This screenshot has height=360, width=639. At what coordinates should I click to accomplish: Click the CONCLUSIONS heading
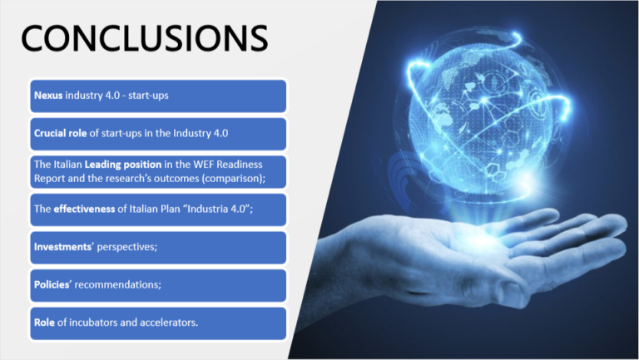145,38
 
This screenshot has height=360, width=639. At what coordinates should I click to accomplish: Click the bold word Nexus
48,96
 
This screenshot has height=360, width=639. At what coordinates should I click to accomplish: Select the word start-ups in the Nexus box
148,96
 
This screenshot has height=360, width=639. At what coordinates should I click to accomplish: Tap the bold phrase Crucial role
60,133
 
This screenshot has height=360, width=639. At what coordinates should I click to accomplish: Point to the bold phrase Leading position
123,165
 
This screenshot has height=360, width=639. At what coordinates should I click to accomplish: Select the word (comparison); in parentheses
234,179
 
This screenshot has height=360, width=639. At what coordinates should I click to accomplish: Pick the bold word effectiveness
84,209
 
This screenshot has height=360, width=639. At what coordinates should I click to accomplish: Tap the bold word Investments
62,247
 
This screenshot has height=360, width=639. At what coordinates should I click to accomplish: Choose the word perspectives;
127,247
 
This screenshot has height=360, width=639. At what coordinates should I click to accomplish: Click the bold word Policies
52,284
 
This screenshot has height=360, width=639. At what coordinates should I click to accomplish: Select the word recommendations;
118,284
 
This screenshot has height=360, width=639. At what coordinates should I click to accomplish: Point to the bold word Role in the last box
44,323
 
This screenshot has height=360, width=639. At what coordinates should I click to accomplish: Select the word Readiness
240,164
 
